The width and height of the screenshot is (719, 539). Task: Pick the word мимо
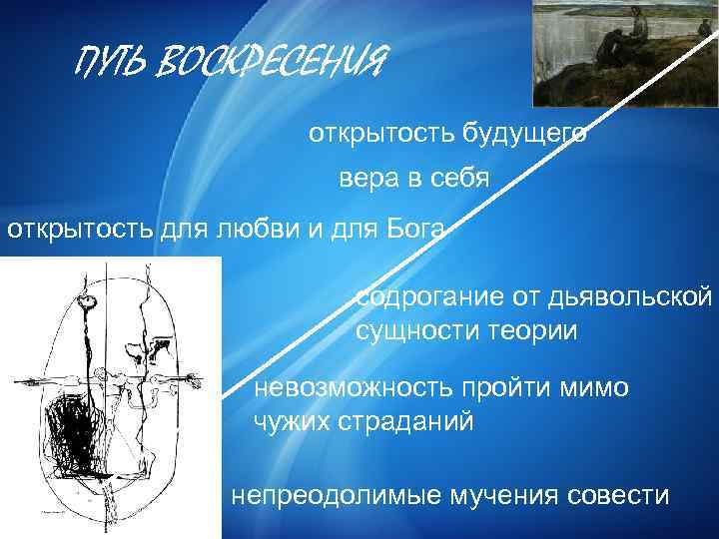pyautogui.click(x=593, y=388)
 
